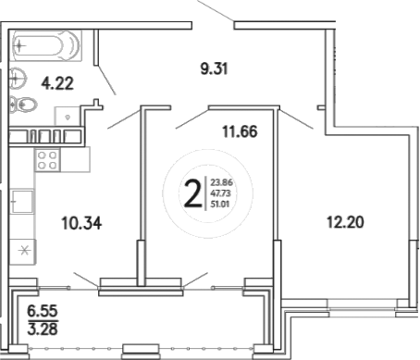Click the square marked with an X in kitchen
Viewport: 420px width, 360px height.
coord(25,250)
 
